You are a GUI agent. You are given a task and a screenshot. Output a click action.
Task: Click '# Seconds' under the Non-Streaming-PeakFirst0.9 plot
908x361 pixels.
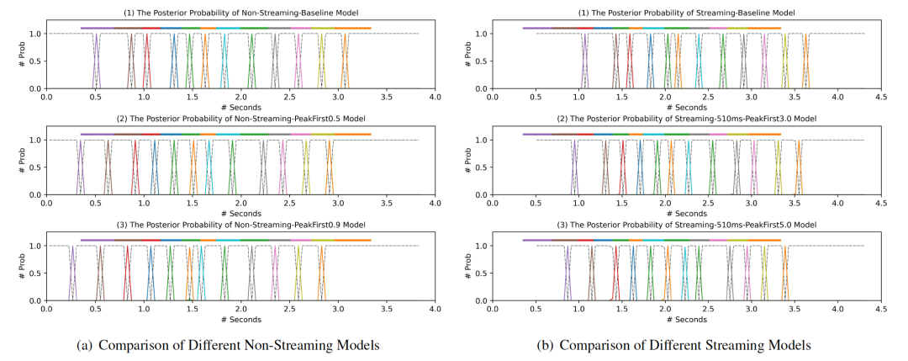pos(241,319)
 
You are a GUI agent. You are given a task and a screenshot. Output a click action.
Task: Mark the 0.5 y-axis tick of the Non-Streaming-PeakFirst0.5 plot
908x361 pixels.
pos(34,167)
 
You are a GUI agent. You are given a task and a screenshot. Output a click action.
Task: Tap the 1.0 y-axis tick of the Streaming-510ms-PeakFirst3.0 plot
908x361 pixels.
pos(480,140)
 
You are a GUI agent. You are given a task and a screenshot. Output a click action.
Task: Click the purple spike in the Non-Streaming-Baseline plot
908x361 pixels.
pos(96,61)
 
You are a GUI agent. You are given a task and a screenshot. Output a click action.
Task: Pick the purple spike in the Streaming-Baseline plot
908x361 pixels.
pos(585,61)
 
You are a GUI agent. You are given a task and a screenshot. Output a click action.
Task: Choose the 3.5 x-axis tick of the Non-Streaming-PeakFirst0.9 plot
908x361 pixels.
pos(387,309)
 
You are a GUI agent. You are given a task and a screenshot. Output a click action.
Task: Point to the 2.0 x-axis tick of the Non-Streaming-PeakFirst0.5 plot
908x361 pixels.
pos(241,203)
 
